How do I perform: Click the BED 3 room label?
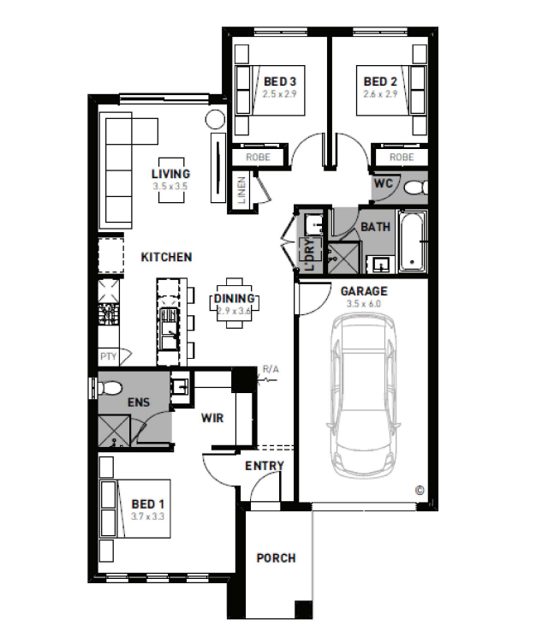[280, 81]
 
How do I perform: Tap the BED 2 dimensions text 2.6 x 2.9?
[380, 94]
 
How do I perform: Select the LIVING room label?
[170, 174]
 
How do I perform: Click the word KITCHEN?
[166, 257]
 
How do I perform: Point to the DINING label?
[234, 299]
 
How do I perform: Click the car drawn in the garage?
[364, 396]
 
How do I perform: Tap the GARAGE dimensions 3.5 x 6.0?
[364, 304]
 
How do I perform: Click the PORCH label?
[276, 558]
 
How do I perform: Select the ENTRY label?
[265, 466]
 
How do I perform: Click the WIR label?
[212, 418]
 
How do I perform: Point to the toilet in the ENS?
[110, 387]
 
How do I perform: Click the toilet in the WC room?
[416, 188]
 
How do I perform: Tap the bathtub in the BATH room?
[413, 241]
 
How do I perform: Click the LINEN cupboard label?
[241, 190]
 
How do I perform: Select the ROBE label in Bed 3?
[258, 158]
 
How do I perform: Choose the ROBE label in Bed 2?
[402, 158]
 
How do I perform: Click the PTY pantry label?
[109, 356]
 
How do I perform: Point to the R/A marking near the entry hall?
[271, 370]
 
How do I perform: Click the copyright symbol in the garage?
[420, 490]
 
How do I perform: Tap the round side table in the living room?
[215, 120]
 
